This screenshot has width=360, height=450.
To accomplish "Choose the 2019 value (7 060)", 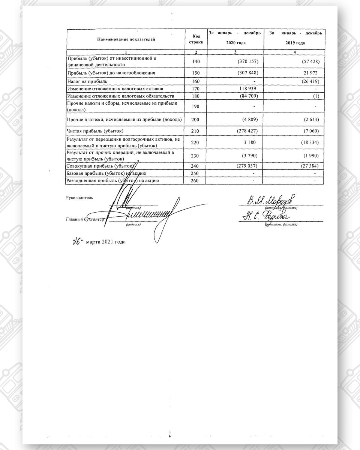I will [312, 131].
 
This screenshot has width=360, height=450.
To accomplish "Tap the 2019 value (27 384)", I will [311, 166].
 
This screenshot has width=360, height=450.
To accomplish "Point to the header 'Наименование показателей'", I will [126, 39].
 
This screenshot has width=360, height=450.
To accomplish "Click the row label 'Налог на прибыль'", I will [87, 81].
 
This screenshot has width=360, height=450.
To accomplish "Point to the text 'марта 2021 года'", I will [105, 242].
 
